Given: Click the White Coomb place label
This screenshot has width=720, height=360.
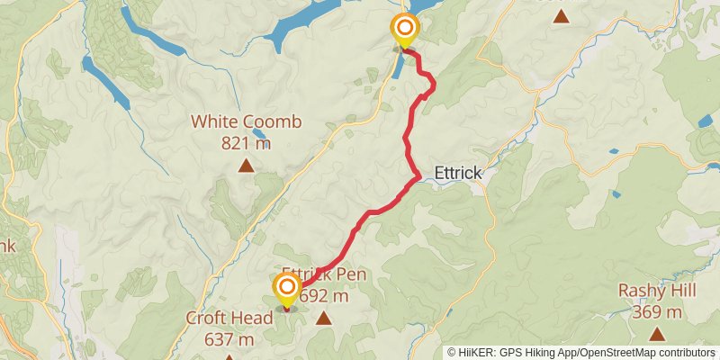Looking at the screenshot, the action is [x=246, y=122].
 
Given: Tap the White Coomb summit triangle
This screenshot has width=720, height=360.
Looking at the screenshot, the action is [x=246, y=165].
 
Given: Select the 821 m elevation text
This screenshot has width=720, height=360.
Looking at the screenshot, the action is [x=246, y=142].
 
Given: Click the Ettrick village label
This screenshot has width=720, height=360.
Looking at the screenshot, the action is [x=459, y=173].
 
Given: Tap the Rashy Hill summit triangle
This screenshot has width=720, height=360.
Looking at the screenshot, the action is [x=657, y=334].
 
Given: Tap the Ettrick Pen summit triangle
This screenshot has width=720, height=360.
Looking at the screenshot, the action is [x=323, y=318].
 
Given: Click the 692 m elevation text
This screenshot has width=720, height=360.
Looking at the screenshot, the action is [x=324, y=296].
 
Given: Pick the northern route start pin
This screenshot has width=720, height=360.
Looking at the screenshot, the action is [x=404, y=30].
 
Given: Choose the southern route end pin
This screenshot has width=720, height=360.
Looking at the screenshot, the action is [x=286, y=290].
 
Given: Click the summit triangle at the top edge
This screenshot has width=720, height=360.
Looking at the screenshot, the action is [x=561, y=15].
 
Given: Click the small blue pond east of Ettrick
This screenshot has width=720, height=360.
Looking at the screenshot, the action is [x=616, y=193].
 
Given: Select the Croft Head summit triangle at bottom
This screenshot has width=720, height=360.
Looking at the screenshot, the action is [x=229, y=357].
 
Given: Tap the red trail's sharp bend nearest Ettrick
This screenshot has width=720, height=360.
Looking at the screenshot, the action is [x=418, y=178].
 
